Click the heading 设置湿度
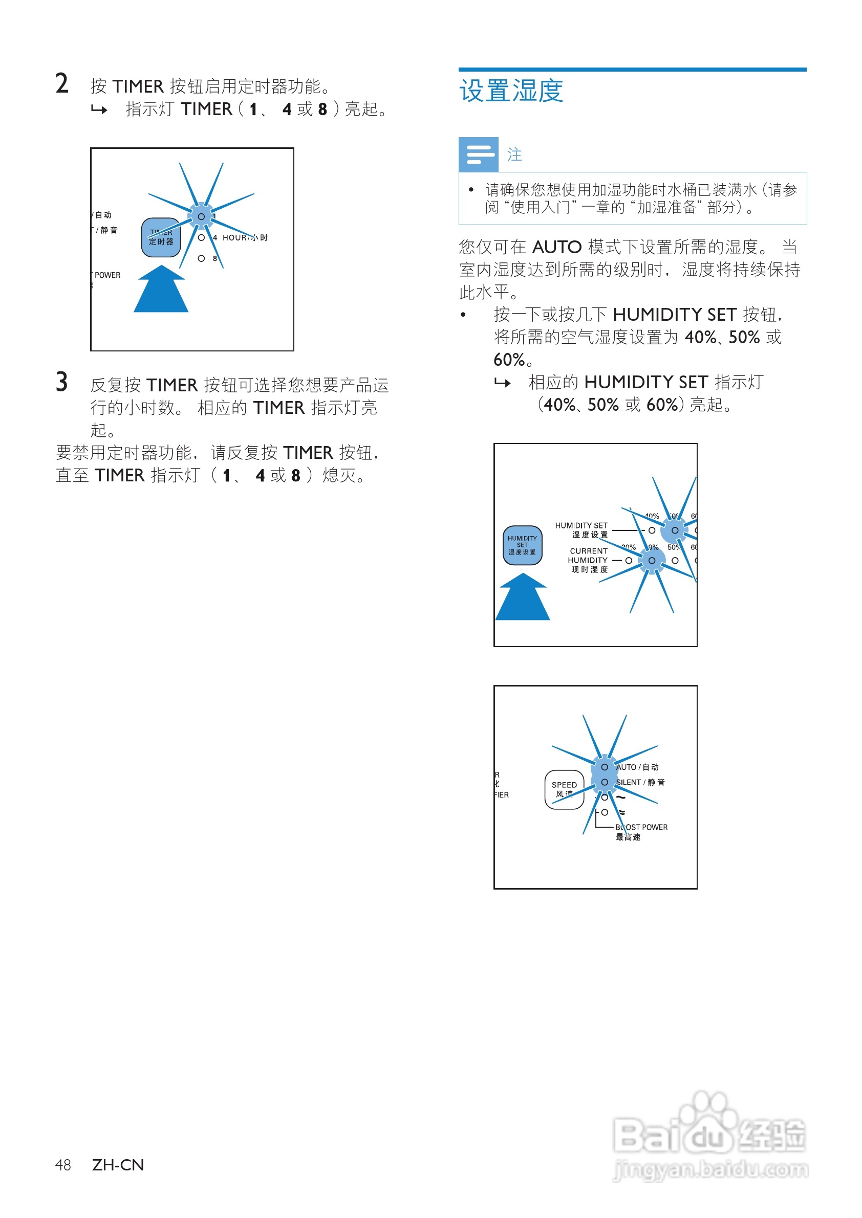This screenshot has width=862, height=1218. point(511,91)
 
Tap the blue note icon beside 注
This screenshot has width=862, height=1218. point(478,154)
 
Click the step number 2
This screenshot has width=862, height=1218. point(62,84)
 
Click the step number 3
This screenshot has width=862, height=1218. point(62,382)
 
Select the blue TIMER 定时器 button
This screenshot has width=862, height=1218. point(161,238)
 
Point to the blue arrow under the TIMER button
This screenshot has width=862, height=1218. point(161,290)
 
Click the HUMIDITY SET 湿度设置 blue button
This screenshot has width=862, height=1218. point(522,545)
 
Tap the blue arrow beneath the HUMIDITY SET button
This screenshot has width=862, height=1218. point(522,599)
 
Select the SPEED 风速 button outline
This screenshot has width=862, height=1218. point(564,789)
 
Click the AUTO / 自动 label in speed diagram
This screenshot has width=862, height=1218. point(637,767)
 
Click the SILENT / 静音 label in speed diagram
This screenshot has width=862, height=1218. point(640,782)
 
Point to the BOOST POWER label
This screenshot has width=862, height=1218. point(642,827)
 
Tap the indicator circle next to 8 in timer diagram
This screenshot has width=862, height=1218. point(201,258)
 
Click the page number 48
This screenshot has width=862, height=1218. point(62,1165)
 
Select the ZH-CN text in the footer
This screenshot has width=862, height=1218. point(118,1165)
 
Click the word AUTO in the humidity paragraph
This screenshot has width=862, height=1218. point(557,247)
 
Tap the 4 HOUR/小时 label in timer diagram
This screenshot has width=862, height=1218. point(241,238)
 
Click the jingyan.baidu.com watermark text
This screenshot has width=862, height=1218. point(710,1170)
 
